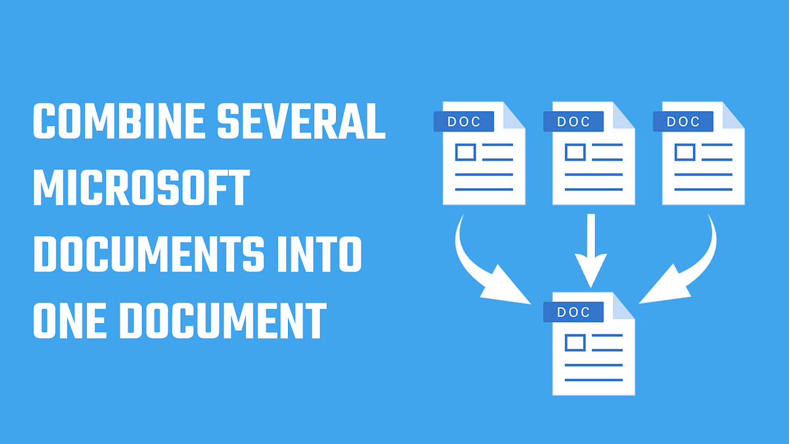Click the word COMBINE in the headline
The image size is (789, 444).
click(119, 121)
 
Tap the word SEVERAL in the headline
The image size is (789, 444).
click(301, 121)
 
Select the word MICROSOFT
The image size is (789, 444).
click(141, 187)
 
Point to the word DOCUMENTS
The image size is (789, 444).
click(149, 254)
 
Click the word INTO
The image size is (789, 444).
click(320, 254)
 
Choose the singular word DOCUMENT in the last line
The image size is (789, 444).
click(224, 320)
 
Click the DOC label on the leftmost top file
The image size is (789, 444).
click(464, 122)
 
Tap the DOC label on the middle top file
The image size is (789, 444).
click(573, 122)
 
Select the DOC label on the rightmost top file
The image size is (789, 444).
click(683, 122)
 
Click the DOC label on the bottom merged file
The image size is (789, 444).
click(573, 312)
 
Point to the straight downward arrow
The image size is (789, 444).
click(590, 251)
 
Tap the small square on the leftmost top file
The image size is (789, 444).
click(466, 152)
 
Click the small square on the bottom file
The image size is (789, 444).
click(575, 343)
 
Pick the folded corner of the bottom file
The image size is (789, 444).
click(623, 306)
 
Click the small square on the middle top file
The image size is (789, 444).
click(575, 152)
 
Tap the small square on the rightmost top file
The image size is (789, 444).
click(685, 152)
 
